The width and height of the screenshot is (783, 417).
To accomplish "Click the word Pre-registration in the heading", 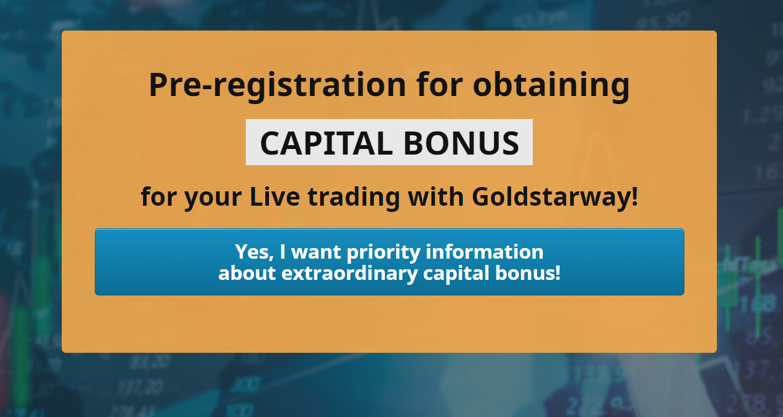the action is tap(278, 86).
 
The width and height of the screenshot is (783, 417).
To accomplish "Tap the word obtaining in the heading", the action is tap(552, 86).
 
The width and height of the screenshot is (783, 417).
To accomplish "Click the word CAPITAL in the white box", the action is tap(326, 143).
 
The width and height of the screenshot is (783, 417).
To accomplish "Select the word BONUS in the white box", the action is tap(462, 143).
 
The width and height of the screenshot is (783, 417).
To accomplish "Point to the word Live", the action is tap(275, 196).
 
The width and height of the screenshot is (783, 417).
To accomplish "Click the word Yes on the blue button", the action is tap(254, 252).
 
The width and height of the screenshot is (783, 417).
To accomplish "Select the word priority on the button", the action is tap(384, 253).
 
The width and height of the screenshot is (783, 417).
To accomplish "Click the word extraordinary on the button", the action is tap(349, 274).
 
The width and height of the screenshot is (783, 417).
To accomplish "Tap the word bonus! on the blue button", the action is tap(528, 272).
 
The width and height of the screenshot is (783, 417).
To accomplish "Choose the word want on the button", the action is tap(316, 252).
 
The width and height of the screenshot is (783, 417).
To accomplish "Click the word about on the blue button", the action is tap(247, 272).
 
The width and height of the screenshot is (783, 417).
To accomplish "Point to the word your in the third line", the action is tap(213, 198).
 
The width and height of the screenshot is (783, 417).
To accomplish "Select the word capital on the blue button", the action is tap(456, 274).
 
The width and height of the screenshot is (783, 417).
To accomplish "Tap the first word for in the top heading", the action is tap(440, 85).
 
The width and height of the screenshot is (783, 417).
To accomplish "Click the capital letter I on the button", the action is tap(283, 252).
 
